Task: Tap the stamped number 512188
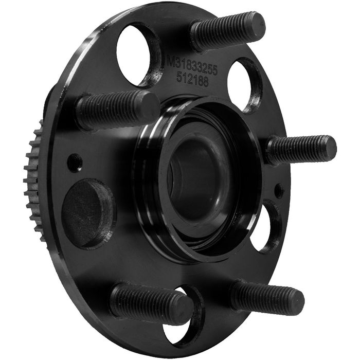click(x=192, y=80)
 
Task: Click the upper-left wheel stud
click(x=118, y=110)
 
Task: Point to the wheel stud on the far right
click(x=302, y=150)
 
